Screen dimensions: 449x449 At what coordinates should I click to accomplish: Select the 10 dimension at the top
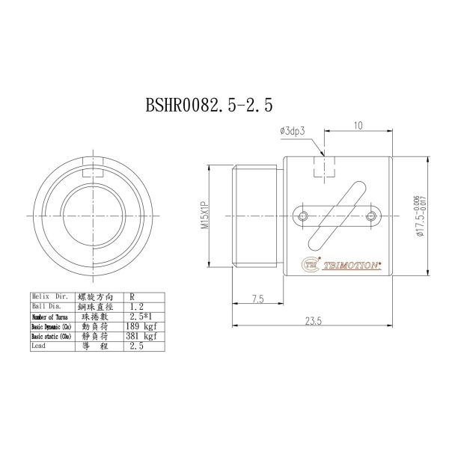pos(359,126)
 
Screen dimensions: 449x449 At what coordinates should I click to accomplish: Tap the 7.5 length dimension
pos(258,299)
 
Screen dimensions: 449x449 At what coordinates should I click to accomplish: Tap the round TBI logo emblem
pos(311,263)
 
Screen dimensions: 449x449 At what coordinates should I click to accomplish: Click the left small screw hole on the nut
pos(302,216)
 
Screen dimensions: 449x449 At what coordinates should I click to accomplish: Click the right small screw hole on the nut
pos(373,216)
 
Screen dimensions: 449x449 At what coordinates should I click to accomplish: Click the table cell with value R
pos(132,297)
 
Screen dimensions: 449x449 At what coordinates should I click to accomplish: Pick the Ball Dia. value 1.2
pos(136,307)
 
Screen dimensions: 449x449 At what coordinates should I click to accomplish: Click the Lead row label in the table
pos(39,347)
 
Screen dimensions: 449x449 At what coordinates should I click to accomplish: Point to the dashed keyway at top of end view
pos(91,171)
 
